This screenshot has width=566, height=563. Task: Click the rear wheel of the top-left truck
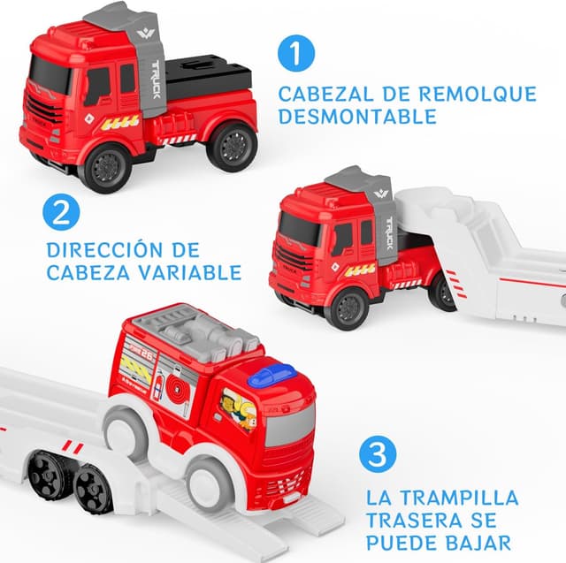[x=232, y=144]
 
